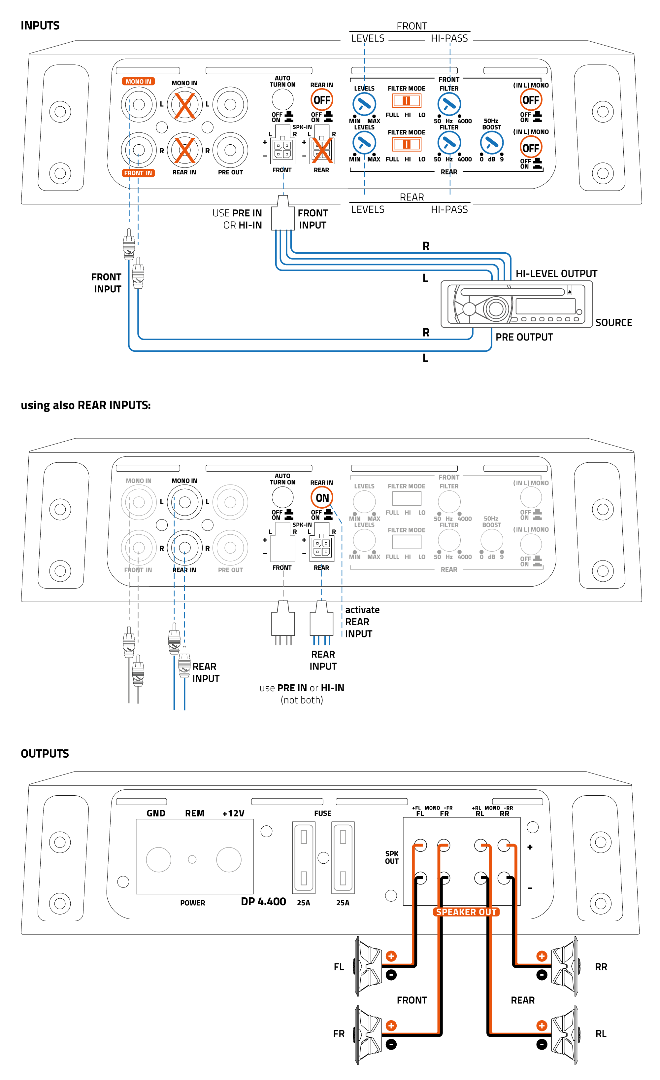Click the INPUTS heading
point(40,25)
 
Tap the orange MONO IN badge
point(138,82)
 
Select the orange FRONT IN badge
point(138,173)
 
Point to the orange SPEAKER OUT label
point(466,912)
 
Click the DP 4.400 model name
point(263,902)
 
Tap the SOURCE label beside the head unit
point(613,323)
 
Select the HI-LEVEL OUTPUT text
point(556,273)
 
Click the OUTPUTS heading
point(45,753)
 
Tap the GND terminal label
point(156,813)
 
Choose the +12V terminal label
point(233,813)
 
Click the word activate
point(362,610)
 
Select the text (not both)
point(302,700)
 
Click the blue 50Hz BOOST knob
point(491,143)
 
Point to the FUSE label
point(322,813)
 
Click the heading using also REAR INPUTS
point(85,406)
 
